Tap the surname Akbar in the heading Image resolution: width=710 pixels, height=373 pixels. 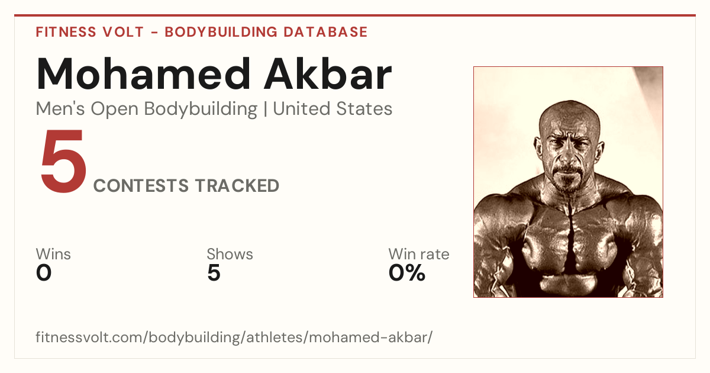click(x=328, y=74)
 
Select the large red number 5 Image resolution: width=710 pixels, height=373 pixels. click(x=63, y=160)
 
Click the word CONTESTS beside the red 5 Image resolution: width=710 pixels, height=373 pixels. click(x=141, y=186)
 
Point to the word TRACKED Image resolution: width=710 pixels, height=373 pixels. click(x=237, y=186)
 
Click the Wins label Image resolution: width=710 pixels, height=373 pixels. click(x=53, y=254)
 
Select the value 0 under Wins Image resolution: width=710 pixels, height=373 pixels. click(x=44, y=273)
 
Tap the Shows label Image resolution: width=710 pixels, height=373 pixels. click(x=230, y=254)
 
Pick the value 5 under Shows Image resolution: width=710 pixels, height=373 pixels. click(x=214, y=273)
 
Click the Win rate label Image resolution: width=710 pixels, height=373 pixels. click(x=419, y=254)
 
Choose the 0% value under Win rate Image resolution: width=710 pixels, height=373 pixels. click(x=407, y=273)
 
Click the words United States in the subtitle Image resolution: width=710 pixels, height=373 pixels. click(x=333, y=109)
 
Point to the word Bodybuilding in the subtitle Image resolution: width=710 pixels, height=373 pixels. click(x=201, y=110)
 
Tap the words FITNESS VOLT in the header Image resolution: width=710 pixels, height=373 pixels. click(x=90, y=32)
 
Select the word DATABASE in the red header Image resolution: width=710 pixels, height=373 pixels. click(x=325, y=32)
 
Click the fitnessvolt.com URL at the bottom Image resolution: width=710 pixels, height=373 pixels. click(x=234, y=337)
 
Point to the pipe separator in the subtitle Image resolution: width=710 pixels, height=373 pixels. click(x=265, y=109)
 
